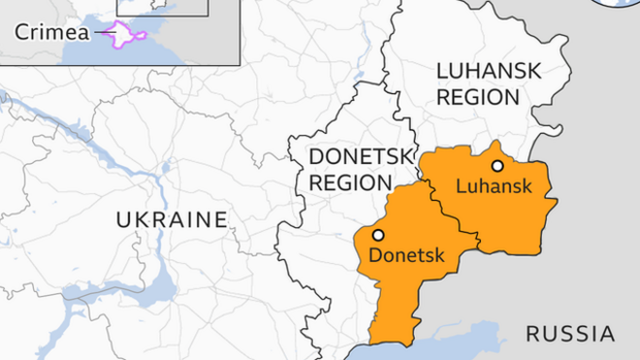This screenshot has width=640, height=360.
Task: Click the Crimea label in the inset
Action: (51, 33)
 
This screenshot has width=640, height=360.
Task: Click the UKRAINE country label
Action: (172, 220)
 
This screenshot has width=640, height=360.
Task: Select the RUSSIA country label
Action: (569, 335)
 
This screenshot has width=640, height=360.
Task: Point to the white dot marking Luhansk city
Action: (497, 166)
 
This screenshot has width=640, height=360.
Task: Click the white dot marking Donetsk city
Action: (377, 235)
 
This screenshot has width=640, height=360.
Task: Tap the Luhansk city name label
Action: (493, 186)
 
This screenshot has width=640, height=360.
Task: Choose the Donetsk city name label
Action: (406, 256)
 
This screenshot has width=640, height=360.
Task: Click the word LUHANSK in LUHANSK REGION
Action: (488, 72)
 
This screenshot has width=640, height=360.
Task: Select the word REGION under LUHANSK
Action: (478, 97)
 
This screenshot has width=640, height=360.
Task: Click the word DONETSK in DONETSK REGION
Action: (361, 157)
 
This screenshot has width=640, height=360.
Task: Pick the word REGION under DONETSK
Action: (349, 182)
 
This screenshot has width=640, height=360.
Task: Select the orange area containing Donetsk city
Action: (398, 291)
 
